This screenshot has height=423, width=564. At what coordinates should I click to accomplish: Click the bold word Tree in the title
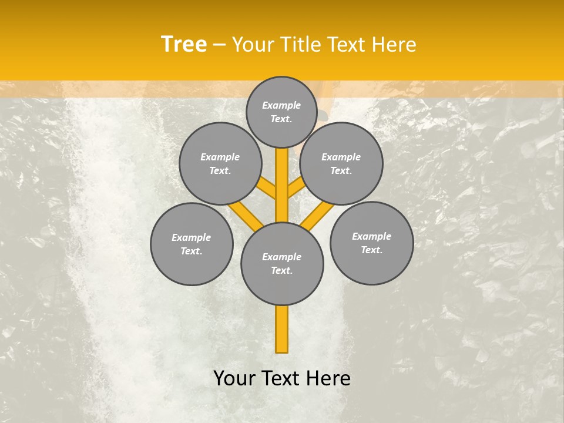[184, 45]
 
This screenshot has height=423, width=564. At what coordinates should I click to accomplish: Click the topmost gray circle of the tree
[281, 112]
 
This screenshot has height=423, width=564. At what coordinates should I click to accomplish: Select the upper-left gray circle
[220, 163]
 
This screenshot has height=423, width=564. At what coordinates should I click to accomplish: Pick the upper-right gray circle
[341, 163]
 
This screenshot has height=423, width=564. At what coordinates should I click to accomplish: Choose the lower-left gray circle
[192, 244]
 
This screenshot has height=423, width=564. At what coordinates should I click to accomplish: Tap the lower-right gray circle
[372, 243]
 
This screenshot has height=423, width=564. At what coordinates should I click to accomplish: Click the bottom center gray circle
[282, 264]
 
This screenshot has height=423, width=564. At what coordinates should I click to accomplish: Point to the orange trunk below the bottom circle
[282, 329]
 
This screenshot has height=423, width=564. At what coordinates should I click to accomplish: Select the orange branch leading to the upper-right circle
[296, 189]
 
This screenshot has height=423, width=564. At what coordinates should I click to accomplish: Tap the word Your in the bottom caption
[234, 378]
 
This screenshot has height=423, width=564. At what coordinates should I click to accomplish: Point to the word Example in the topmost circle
[281, 105]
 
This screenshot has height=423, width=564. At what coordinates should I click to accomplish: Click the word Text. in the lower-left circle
[192, 251]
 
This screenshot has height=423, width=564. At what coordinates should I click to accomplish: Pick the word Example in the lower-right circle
[372, 236]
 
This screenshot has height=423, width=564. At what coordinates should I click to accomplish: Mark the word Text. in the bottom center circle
[282, 270]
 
